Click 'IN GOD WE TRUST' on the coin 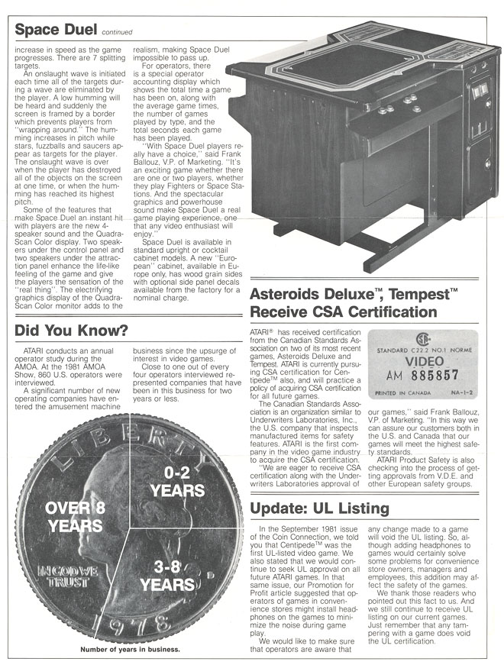coord(54,575)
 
